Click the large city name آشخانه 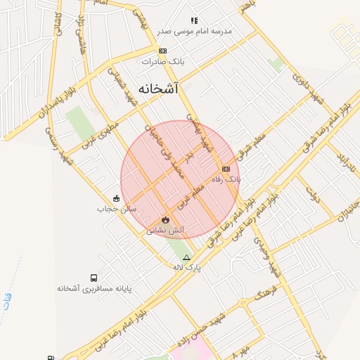(x=158, y=89)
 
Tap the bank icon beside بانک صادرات (x=162, y=51)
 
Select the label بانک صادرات (x=162, y=61)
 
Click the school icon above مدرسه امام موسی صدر (x=194, y=21)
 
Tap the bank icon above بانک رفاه (x=226, y=169)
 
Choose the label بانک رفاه (x=227, y=179)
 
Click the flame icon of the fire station (x=165, y=219)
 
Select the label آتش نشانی (x=165, y=230)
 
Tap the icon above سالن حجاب (x=117, y=198)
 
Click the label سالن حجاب (x=110, y=209)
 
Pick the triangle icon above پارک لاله (x=186, y=257)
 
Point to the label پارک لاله (x=187, y=268)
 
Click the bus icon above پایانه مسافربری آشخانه (x=94, y=278)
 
